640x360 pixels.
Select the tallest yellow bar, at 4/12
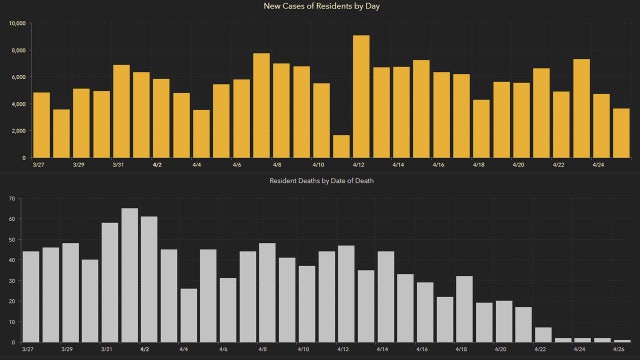361,97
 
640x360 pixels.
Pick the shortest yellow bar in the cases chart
341,146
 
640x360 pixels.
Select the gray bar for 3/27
31,297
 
